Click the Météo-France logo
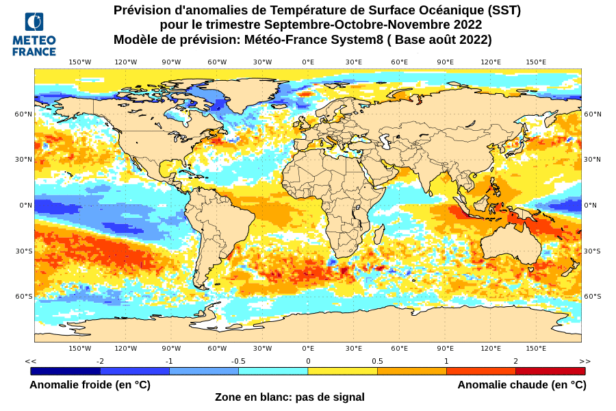click(34, 34)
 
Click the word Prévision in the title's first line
click(144, 10)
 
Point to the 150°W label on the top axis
click(80, 62)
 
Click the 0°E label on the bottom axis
click(308, 349)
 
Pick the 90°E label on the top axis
click(445, 62)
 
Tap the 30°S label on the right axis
click(592, 251)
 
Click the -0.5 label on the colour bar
click(238, 361)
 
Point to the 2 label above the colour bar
click(515, 361)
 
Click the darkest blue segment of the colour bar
click(65, 371)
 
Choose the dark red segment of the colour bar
click(550, 371)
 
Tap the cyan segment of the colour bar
click(273, 371)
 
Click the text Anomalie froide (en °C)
click(90, 385)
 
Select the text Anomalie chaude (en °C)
click(522, 385)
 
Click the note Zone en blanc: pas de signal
click(290, 397)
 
